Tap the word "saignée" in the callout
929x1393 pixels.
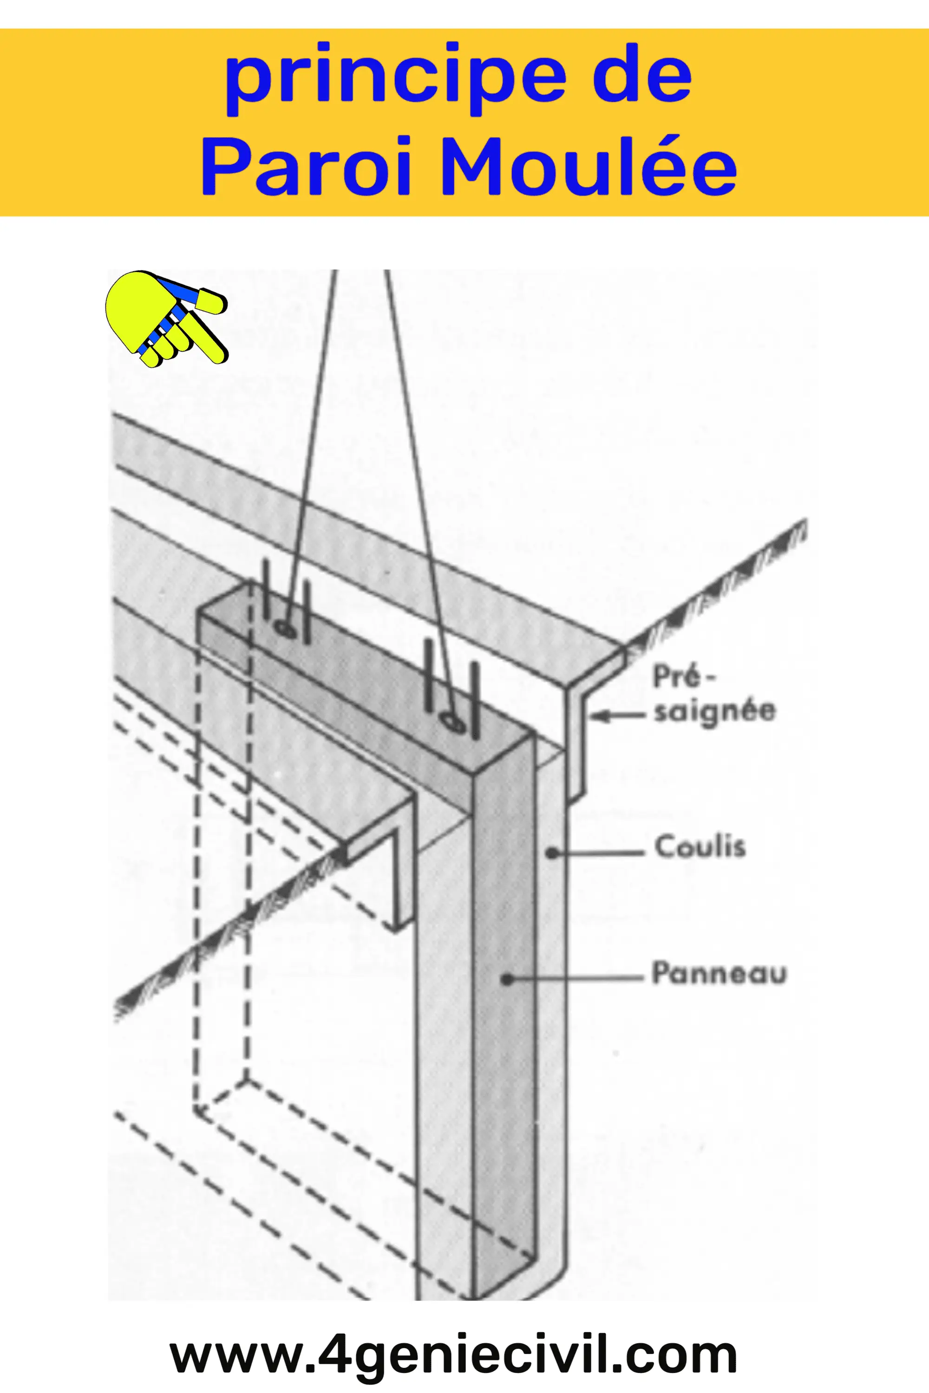[714, 711]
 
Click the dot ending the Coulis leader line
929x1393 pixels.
[552, 853]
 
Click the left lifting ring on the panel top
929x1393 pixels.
[284, 626]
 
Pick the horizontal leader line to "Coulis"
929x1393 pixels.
[598, 853]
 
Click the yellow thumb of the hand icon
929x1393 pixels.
[210, 301]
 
